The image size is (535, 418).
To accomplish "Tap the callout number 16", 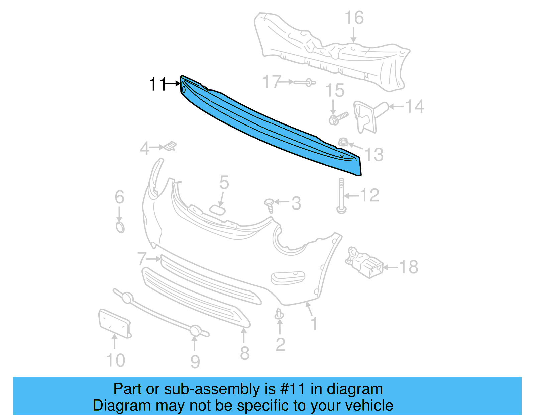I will (354, 18).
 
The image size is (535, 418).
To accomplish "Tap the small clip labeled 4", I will (170, 146).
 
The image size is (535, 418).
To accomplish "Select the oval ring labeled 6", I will (120, 227).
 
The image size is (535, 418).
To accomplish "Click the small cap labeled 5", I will (217, 210).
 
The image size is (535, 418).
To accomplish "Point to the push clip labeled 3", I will (269, 205).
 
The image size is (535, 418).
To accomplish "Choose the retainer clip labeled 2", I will (279, 314).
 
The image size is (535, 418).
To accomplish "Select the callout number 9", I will (195, 362).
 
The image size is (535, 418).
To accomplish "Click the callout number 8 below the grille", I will (245, 353).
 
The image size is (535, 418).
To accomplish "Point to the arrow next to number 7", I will (154, 259).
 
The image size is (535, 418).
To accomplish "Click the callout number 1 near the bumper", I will (314, 324).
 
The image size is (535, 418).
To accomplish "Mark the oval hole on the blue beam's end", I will (184, 89).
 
